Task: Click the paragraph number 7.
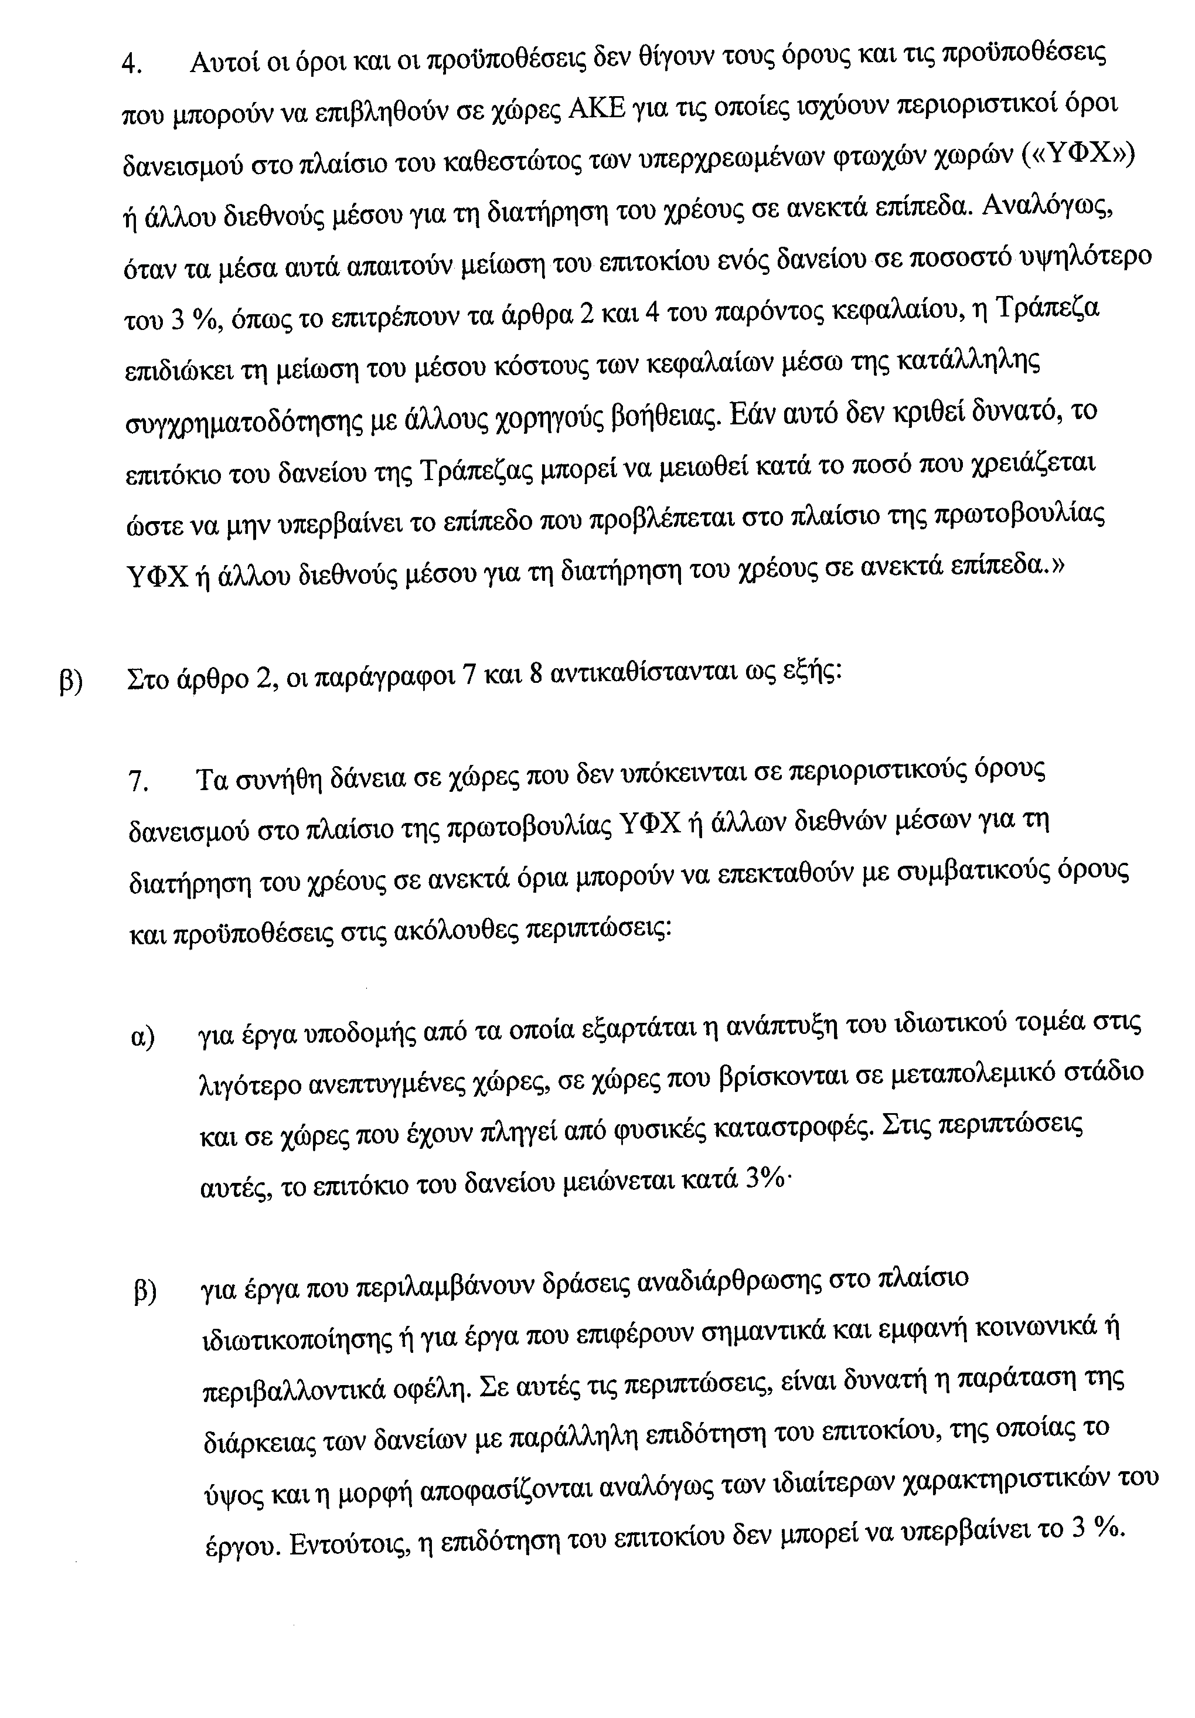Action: coord(139,782)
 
